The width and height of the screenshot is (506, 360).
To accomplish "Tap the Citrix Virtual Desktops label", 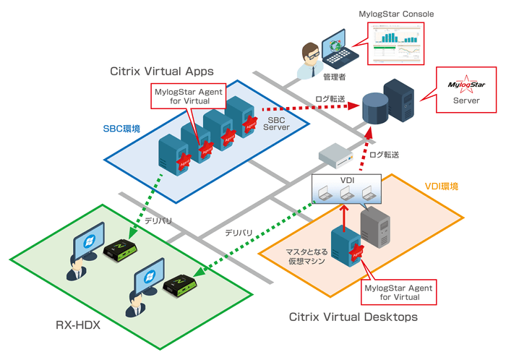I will coord(353,317).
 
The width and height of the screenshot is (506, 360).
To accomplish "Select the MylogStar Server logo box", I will coord(466,91).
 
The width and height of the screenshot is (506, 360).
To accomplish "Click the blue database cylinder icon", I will coord(374,107).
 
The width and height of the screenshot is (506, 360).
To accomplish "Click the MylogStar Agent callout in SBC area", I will coord(188,96).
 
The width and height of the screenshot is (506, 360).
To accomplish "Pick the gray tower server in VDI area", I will coord(375,225).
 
